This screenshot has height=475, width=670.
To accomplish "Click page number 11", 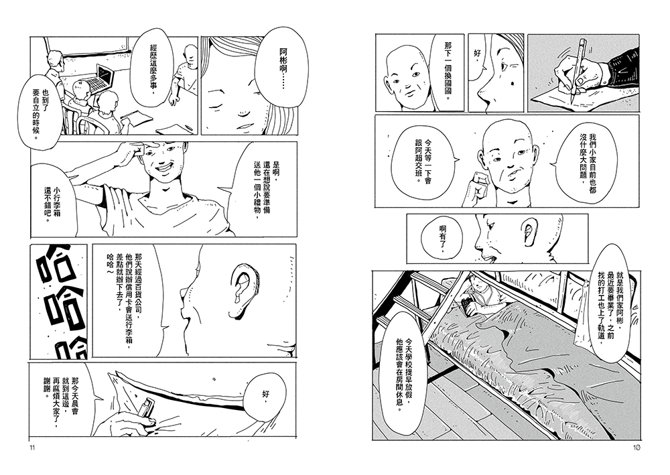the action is tap(31, 448).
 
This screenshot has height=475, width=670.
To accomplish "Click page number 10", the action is tap(636, 448).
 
